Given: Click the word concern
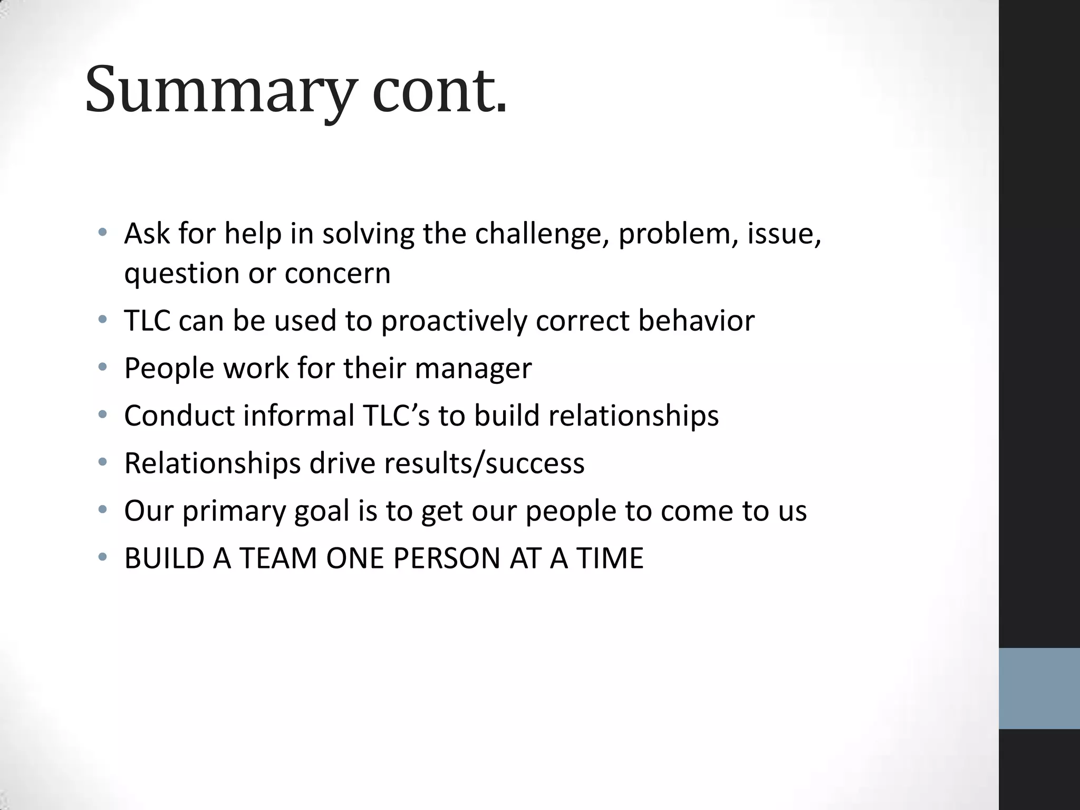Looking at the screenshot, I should (337, 274).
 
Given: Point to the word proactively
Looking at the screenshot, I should (454, 321).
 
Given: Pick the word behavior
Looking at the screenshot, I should (696, 320).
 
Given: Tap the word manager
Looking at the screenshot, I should (473, 369).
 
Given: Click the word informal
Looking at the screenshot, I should (298, 416).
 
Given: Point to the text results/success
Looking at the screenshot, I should (484, 464).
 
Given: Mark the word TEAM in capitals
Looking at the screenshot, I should (278, 558).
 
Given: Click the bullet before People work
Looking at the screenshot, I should (103, 367).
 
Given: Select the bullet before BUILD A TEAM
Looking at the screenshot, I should (103, 557).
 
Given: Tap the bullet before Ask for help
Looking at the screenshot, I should (103, 232).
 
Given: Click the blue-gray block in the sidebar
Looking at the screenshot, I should (1039, 688).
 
